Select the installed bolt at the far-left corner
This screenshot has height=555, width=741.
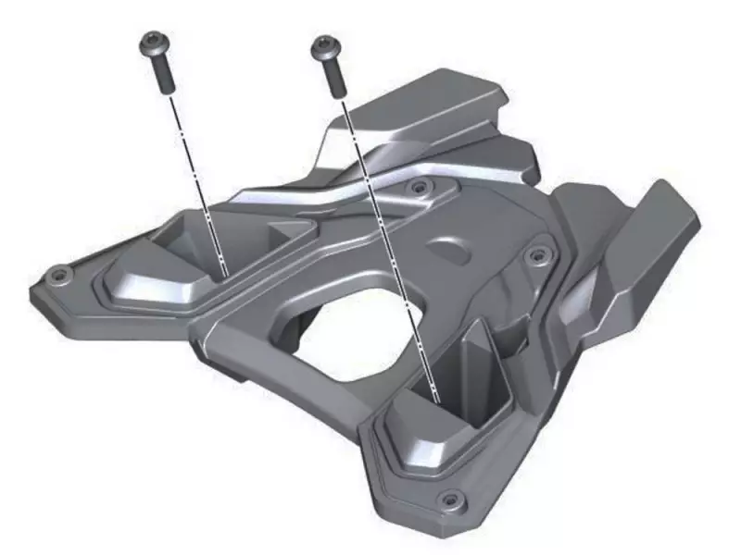60,274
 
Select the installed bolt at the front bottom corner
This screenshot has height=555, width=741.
451,499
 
